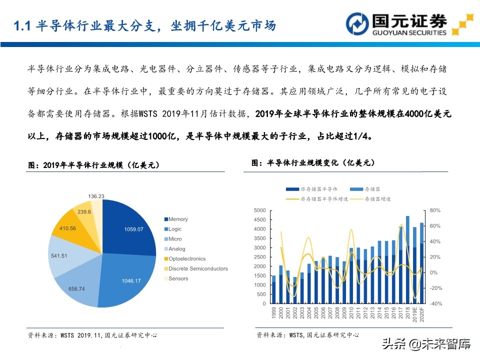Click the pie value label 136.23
click(96, 196)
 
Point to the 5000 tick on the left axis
click(259, 210)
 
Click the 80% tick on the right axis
click(433, 210)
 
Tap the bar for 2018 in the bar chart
click(408, 260)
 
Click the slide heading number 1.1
click(22, 26)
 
